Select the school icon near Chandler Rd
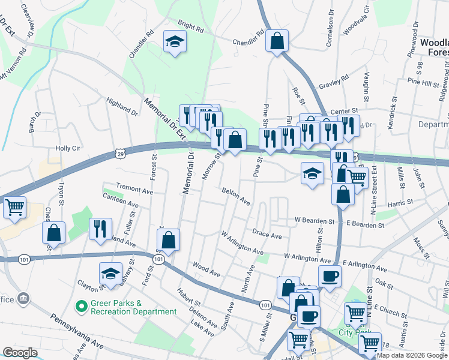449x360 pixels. point(175,42)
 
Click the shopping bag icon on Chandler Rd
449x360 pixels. point(277,41)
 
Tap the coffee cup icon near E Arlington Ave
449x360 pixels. point(330,277)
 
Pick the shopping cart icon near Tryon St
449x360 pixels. point(14,208)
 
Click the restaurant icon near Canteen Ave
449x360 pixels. point(100,229)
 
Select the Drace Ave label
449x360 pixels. point(267,235)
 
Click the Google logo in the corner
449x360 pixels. point(20,353)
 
